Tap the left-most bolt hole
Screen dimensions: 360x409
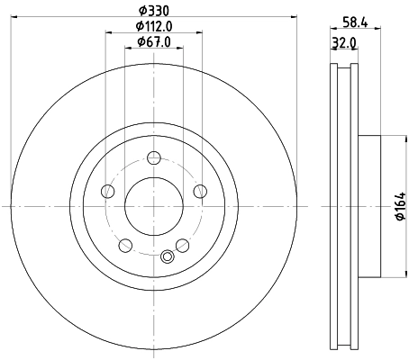pos(108,191)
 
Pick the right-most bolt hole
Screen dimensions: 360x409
pos(199,191)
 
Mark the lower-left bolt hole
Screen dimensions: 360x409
pos(125,245)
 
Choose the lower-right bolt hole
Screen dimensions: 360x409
pos(182,245)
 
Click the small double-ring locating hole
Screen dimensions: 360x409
pos(166,258)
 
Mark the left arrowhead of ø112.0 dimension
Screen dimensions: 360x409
pos(108,33)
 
